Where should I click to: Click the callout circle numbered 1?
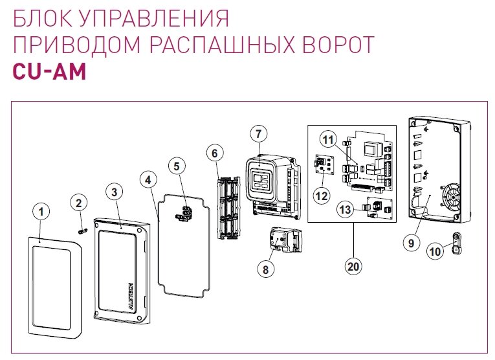[40, 211]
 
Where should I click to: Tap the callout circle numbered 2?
[79, 203]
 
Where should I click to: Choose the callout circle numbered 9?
[410, 243]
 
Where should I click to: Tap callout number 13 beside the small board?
[345, 209]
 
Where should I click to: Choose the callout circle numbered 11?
[328, 140]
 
